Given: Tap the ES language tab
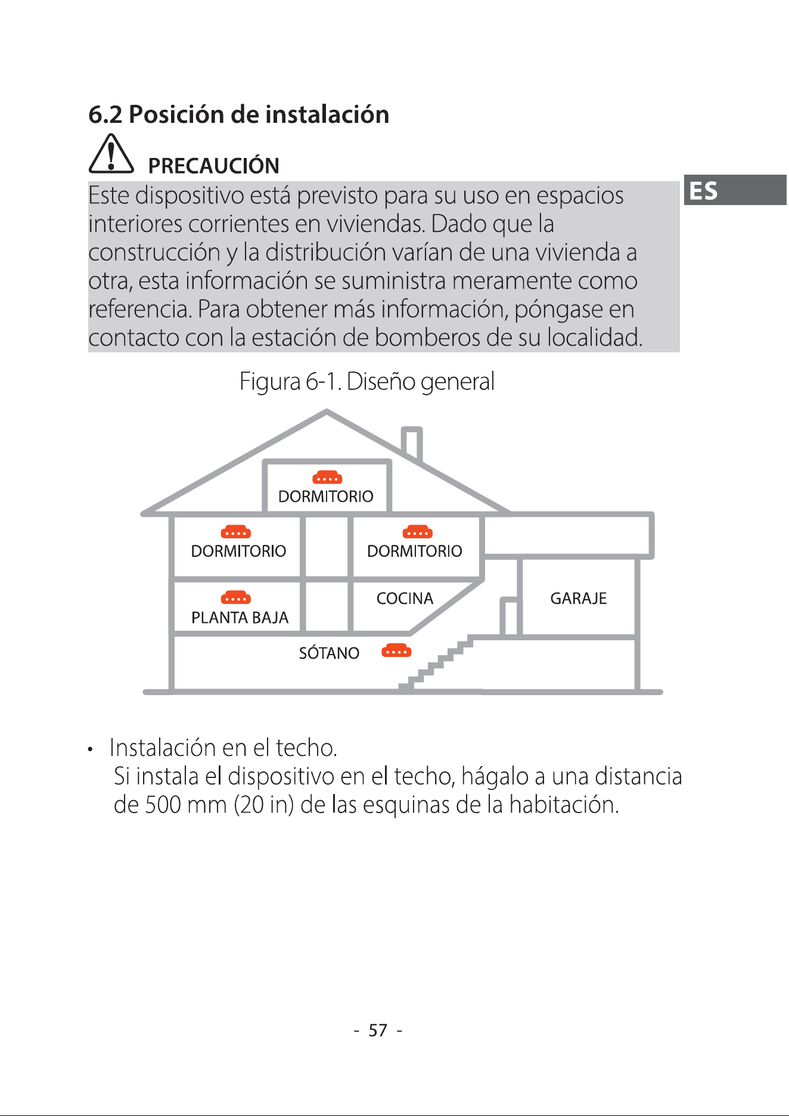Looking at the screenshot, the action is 735,190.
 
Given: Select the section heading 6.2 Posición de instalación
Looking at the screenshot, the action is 238,114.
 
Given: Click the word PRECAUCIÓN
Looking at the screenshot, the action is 213,166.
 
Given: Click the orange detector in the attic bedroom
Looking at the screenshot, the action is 327,477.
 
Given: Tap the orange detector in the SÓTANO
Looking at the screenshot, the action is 396,650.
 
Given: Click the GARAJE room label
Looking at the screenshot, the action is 578,599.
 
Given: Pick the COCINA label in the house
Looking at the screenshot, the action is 405,599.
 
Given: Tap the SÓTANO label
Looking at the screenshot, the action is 329,653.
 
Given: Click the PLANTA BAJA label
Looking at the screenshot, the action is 240,618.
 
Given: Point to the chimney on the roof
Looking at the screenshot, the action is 412,444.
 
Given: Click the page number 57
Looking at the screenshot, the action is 378,1030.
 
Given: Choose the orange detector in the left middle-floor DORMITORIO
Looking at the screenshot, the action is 236,532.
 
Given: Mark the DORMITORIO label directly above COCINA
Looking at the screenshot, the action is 414,551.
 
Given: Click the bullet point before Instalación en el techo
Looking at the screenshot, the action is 90,749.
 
